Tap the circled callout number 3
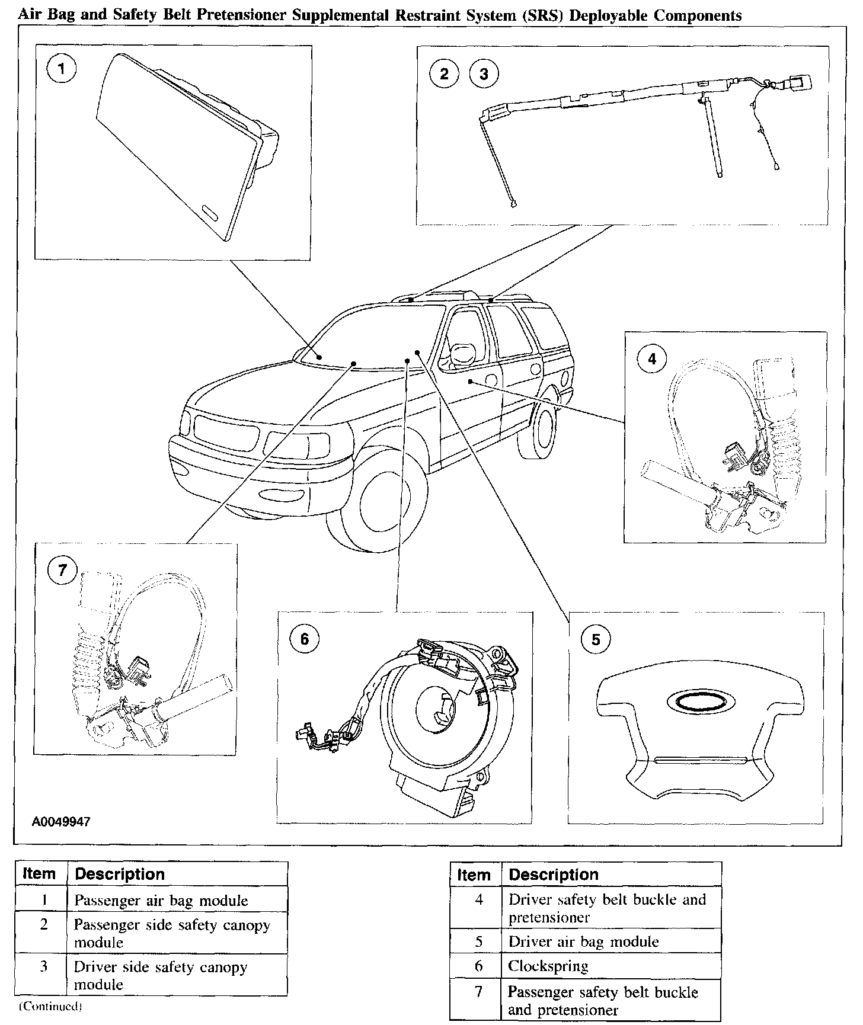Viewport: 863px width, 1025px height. [x=484, y=73]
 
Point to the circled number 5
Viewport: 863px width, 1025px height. [x=596, y=639]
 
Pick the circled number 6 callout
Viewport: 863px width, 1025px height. [x=304, y=638]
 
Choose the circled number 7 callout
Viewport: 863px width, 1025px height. [x=63, y=571]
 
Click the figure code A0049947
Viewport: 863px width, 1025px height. [x=62, y=822]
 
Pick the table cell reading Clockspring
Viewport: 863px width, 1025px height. [x=548, y=966]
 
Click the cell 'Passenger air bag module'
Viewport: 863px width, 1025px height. [x=161, y=901]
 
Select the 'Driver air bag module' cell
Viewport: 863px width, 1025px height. [x=583, y=941]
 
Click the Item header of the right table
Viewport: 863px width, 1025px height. [x=474, y=875]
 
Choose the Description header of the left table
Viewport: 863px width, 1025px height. [x=120, y=874]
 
